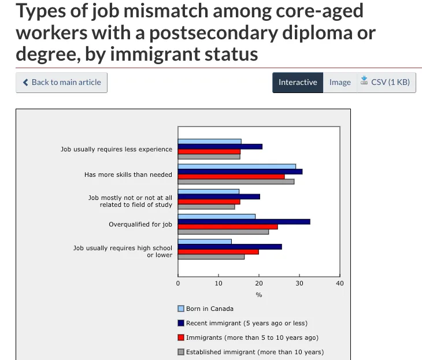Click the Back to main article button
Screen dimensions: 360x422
pyautogui.click(x=61, y=82)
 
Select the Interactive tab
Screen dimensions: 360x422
pyautogui.click(x=298, y=82)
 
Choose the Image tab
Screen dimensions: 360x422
pyautogui.click(x=340, y=82)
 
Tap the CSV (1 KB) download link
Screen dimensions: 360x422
pyautogui.click(x=385, y=82)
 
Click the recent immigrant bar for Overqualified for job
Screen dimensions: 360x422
pyautogui.click(x=243, y=222)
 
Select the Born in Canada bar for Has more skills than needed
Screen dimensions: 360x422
pyautogui.click(x=236, y=166)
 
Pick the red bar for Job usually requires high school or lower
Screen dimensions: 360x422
pyautogui.click(x=218, y=252)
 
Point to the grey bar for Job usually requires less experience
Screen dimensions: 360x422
pyautogui.click(x=209, y=157)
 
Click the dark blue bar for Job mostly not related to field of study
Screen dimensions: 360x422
pyautogui.click(x=219, y=196)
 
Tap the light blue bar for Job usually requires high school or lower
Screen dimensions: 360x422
pyautogui.click(x=205, y=242)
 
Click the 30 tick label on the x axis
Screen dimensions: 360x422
pyautogui.click(x=299, y=283)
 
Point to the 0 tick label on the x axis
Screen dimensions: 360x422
pyautogui.click(x=178, y=283)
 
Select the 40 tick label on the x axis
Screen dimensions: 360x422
pyautogui.click(x=339, y=283)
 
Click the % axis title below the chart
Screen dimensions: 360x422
pyautogui.click(x=259, y=295)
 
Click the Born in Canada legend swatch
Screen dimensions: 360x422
pyautogui.click(x=181, y=309)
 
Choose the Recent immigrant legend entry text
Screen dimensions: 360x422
pyautogui.click(x=246, y=323)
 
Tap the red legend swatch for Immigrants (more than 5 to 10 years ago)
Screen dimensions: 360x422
pyautogui.click(x=181, y=337)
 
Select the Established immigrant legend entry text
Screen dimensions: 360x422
pyautogui.click(x=254, y=352)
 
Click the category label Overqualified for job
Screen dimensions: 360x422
pyautogui.click(x=140, y=225)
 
